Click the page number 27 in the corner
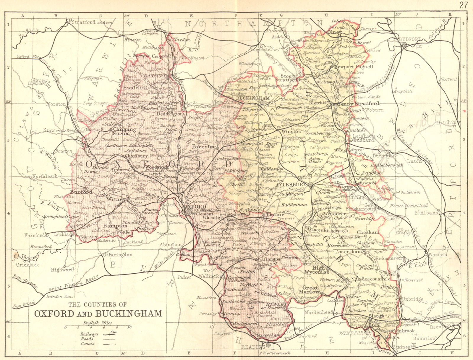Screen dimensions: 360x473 tap(464, 4)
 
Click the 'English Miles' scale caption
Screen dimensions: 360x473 tap(98, 323)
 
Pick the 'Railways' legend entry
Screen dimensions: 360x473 tap(88, 334)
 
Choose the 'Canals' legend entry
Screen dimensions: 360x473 tap(88, 343)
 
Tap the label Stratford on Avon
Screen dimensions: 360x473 tap(88, 22)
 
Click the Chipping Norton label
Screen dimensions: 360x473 tap(125, 131)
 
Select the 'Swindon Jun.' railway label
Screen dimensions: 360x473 tap(57, 296)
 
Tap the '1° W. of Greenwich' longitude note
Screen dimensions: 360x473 tap(275, 353)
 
